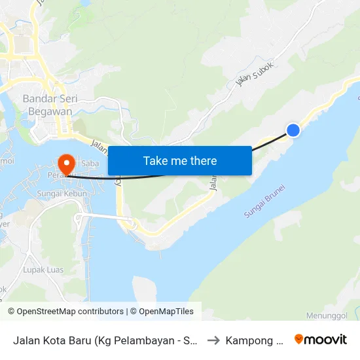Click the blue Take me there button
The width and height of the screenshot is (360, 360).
coord(179,160)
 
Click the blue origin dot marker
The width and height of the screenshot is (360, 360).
coord(293,130)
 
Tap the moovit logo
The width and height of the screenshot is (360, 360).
coord(321,340)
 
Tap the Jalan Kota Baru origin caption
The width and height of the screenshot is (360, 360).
coord(105,340)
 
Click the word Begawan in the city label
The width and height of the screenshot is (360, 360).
coord(51,111)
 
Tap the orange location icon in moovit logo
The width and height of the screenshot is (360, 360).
coord(299,340)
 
